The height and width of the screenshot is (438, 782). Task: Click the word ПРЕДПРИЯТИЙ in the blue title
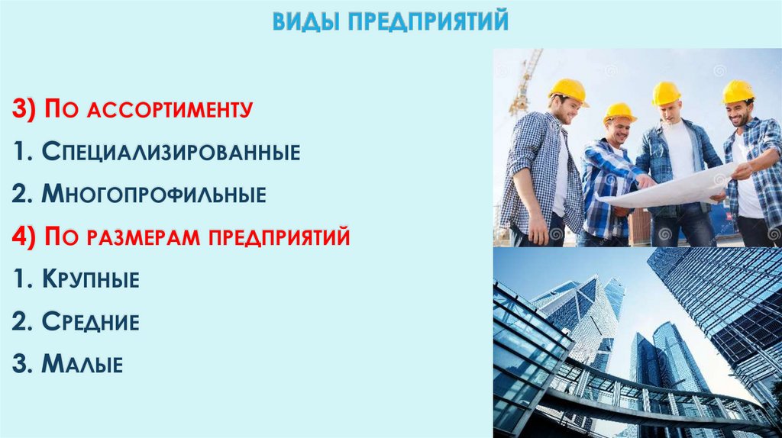click(428, 21)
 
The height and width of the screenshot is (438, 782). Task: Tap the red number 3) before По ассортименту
click(25, 110)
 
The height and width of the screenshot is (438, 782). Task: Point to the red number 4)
click(25, 237)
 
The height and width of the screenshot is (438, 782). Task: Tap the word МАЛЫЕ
click(82, 364)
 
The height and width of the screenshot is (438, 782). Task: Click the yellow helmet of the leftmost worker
click(567, 90)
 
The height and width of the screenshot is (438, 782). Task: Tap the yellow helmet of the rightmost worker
click(738, 92)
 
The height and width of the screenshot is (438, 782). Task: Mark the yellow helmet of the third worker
click(666, 93)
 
